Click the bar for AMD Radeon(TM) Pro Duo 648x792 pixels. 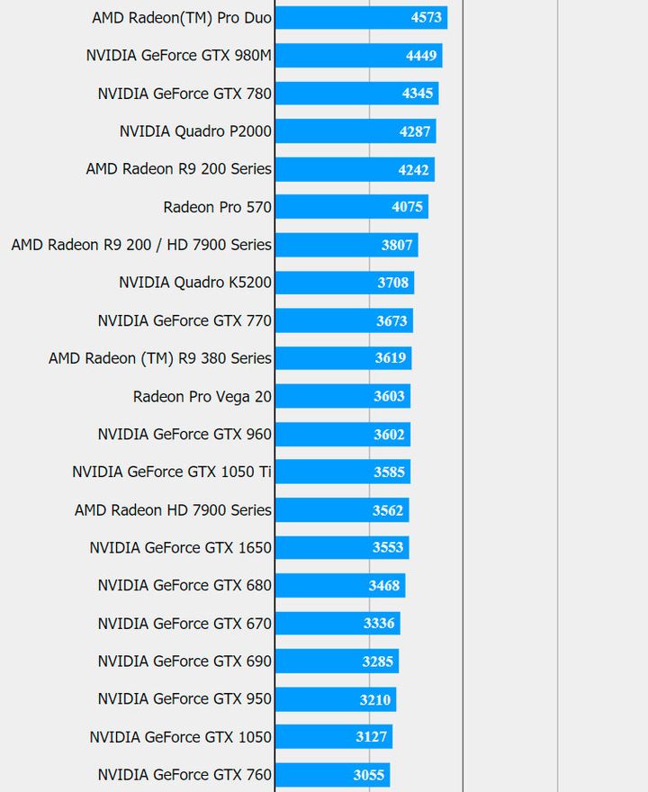pyautogui.click(x=360, y=18)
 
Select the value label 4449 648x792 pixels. pyautogui.click(x=421, y=56)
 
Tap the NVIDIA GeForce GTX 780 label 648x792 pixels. pyautogui.click(x=184, y=94)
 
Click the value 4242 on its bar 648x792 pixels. pyautogui.click(x=414, y=169)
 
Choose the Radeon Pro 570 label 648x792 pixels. pyautogui.click(x=217, y=207)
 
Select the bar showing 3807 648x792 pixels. pyautogui.click(x=346, y=245)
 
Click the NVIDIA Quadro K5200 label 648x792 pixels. pyautogui.click(x=195, y=283)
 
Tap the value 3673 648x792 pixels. pyautogui.click(x=392, y=320)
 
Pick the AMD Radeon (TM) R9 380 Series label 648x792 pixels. pyautogui.click(x=160, y=358)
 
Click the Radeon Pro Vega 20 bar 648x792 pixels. pyautogui.click(x=342, y=396)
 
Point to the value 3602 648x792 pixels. pyautogui.click(x=390, y=434)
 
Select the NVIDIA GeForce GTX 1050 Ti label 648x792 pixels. pyautogui.click(x=172, y=472)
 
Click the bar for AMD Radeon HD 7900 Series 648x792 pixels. pyautogui.click(x=341, y=510)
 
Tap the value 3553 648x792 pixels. pyautogui.click(x=389, y=547)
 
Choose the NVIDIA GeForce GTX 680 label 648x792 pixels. pyautogui.click(x=184, y=585)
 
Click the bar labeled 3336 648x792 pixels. pyautogui.click(x=337, y=623)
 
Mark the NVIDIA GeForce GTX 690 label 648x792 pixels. pyautogui.click(x=184, y=661)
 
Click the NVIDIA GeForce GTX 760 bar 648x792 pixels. pyautogui.click(x=332, y=775)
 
